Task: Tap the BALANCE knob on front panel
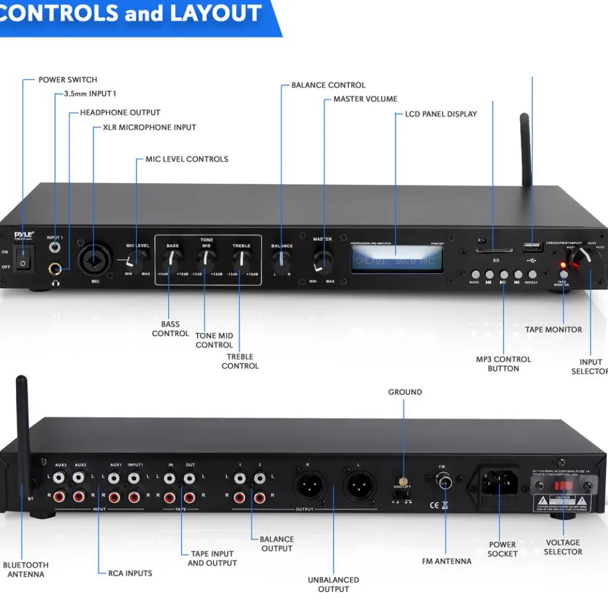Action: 282,263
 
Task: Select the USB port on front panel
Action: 531,246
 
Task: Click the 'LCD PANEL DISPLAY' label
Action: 440,114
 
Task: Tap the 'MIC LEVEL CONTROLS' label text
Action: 187,159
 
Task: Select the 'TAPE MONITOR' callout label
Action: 553,330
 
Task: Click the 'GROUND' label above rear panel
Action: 405,392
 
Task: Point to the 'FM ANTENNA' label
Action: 446,561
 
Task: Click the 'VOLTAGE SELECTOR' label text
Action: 563,547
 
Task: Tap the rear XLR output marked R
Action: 307,488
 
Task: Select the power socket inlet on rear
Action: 499,482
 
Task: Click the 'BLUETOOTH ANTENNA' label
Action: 26,569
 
